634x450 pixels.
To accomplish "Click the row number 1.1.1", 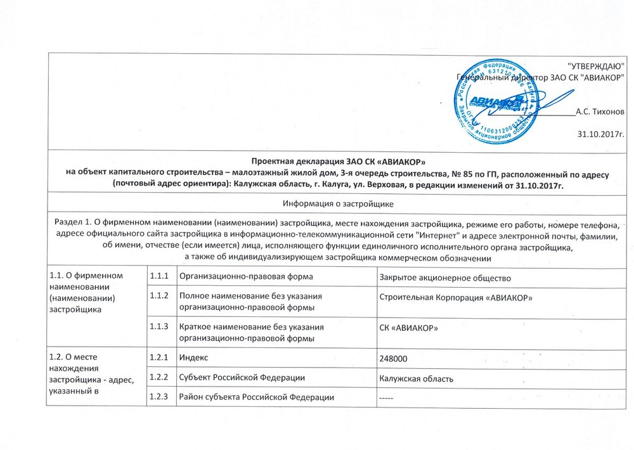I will click(158, 277).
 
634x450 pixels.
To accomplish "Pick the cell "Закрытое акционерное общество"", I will click(444, 278).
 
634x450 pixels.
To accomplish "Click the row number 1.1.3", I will click(158, 326).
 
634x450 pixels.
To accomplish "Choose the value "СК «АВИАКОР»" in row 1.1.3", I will click(408, 328).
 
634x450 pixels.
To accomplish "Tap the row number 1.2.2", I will click(158, 378).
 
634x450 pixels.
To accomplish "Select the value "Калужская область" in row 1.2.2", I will click(415, 378).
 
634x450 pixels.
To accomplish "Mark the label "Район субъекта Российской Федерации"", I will click(257, 397).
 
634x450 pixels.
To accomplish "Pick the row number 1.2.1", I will click(158, 358).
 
